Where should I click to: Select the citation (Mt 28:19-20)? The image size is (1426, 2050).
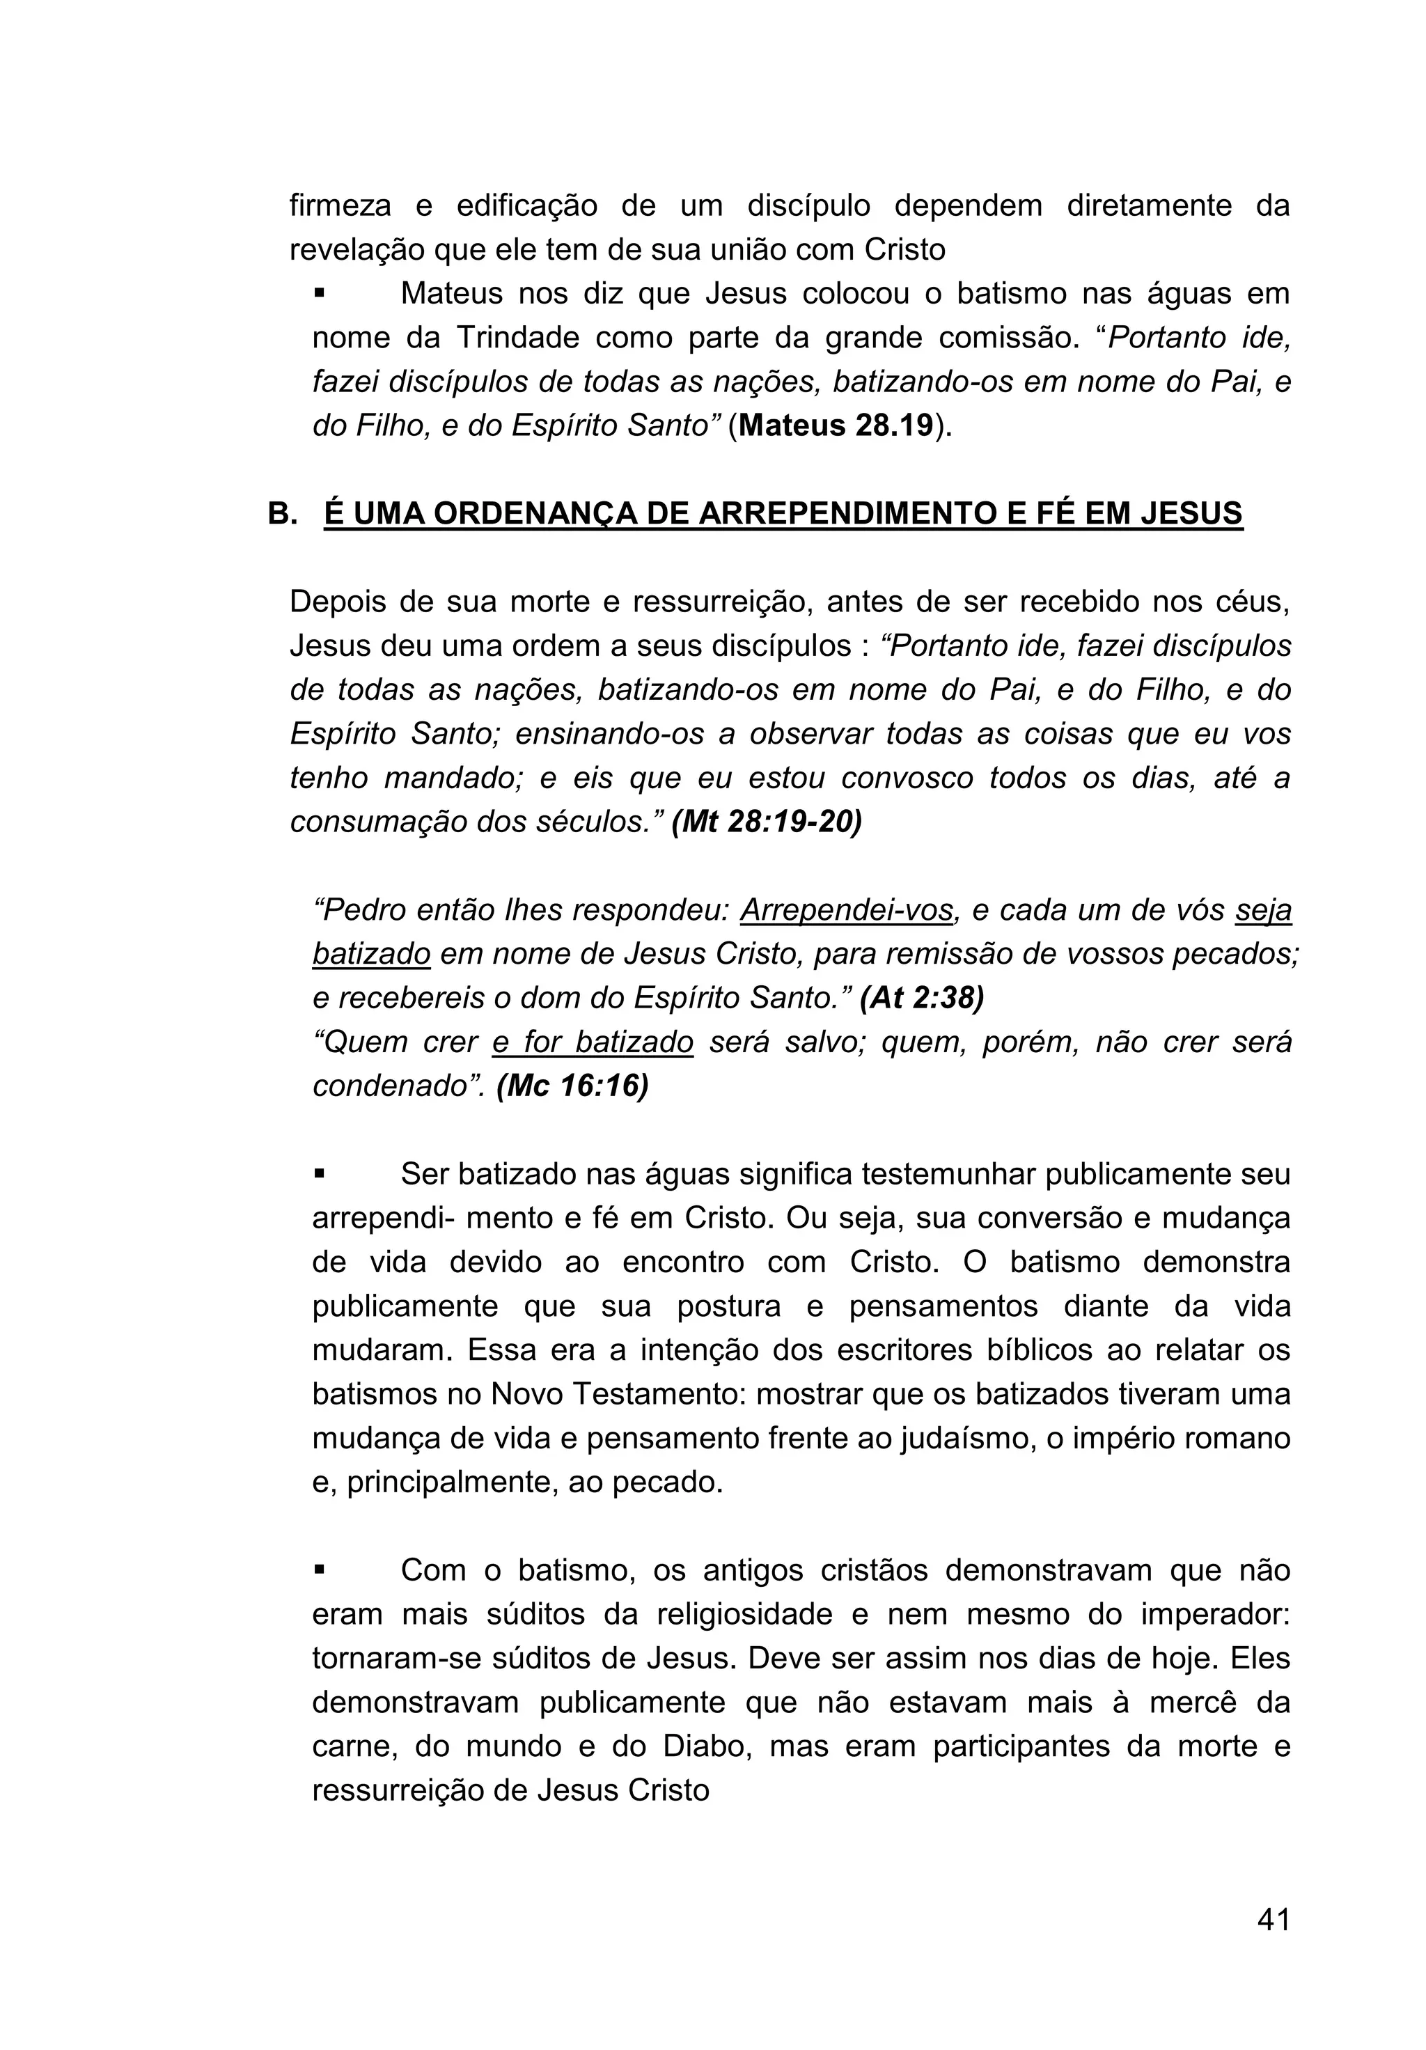[x=766, y=822]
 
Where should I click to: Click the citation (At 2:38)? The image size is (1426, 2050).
[x=920, y=997]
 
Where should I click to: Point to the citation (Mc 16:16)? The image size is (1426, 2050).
[x=572, y=1086]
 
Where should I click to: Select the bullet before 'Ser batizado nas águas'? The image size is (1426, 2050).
[x=319, y=1174]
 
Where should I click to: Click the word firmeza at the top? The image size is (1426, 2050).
[x=340, y=205]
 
